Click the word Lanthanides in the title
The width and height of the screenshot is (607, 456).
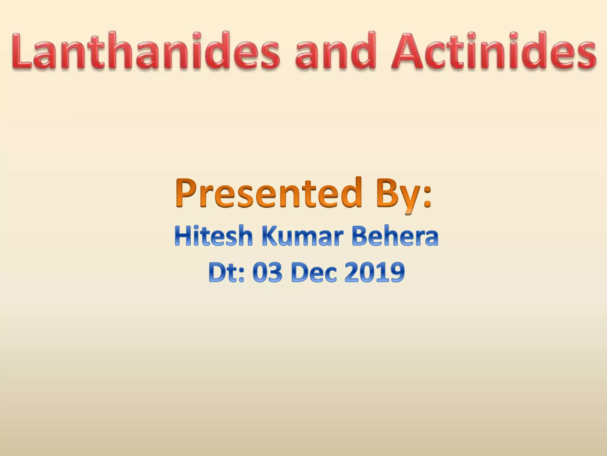(145, 51)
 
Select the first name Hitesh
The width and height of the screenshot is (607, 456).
(213, 236)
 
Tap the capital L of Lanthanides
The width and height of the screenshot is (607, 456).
(21, 51)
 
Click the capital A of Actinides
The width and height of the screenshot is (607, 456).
(409, 51)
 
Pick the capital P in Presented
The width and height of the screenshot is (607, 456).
(187, 193)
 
